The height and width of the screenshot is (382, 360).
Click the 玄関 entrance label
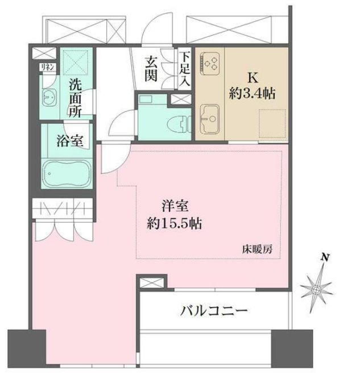pos(151,69)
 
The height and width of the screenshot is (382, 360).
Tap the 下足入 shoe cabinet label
pos(185,69)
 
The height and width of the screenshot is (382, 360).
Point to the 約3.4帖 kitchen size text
pos(251,94)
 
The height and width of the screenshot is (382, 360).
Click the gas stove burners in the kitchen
pos(211,62)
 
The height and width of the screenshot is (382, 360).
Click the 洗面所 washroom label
pos(75,97)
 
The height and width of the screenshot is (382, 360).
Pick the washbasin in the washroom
pos(49,97)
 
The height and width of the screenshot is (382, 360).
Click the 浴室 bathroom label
pos(70,140)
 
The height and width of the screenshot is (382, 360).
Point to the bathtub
pos(67,171)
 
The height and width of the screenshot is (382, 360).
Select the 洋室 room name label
pos(172,206)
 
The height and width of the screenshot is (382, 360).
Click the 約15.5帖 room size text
pos(172,222)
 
